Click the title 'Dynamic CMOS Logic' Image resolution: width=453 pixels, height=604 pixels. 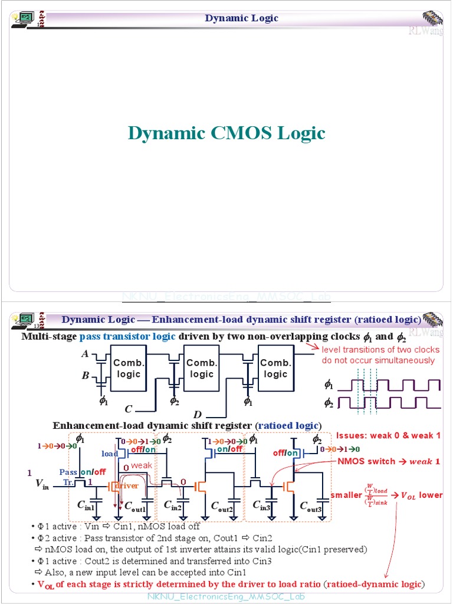226,133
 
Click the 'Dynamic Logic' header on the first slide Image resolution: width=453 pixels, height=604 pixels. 241,18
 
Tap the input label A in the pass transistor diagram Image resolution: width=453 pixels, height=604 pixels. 86,354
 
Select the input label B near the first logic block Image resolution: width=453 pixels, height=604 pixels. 86,375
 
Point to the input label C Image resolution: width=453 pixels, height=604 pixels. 128,409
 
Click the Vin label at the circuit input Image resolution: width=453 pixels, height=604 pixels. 42,484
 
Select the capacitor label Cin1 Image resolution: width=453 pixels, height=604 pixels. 86,505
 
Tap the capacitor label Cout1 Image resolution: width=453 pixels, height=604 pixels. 135,505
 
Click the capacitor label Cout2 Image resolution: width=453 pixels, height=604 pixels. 222,505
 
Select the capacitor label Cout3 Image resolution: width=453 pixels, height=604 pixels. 311,505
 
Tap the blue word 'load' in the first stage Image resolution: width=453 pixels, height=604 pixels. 110,454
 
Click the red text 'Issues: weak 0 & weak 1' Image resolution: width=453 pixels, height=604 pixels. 388,435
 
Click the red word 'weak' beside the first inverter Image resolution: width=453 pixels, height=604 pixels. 141,466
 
